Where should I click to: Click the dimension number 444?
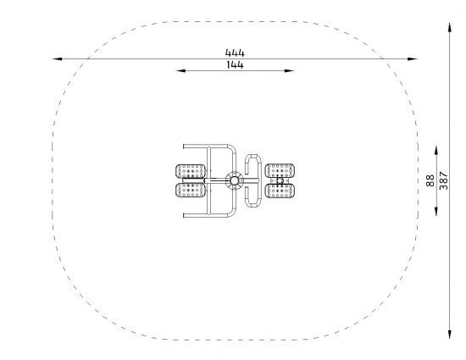[235, 53]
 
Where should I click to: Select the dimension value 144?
[235, 64]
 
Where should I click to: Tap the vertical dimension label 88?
[430, 180]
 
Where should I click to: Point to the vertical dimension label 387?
[443, 180]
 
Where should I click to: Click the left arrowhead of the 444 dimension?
[57, 58]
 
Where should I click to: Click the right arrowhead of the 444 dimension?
[413, 58]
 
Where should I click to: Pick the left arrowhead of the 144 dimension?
[180, 70]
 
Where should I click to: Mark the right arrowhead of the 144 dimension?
[290, 70]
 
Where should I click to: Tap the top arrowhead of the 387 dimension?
[450, 27]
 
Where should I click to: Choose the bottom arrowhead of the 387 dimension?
[450, 334]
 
